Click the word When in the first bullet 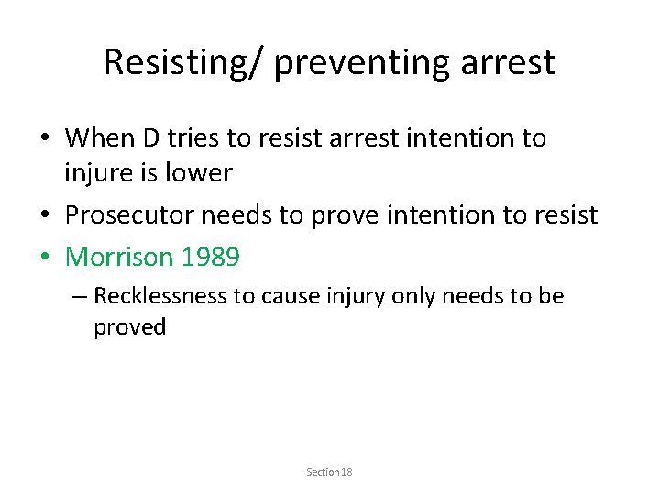(101, 138)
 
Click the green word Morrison (120, 258)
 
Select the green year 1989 (211, 258)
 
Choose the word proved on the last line (129, 327)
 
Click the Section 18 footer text (329, 472)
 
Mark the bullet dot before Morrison (44, 258)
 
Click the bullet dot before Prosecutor (44, 215)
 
